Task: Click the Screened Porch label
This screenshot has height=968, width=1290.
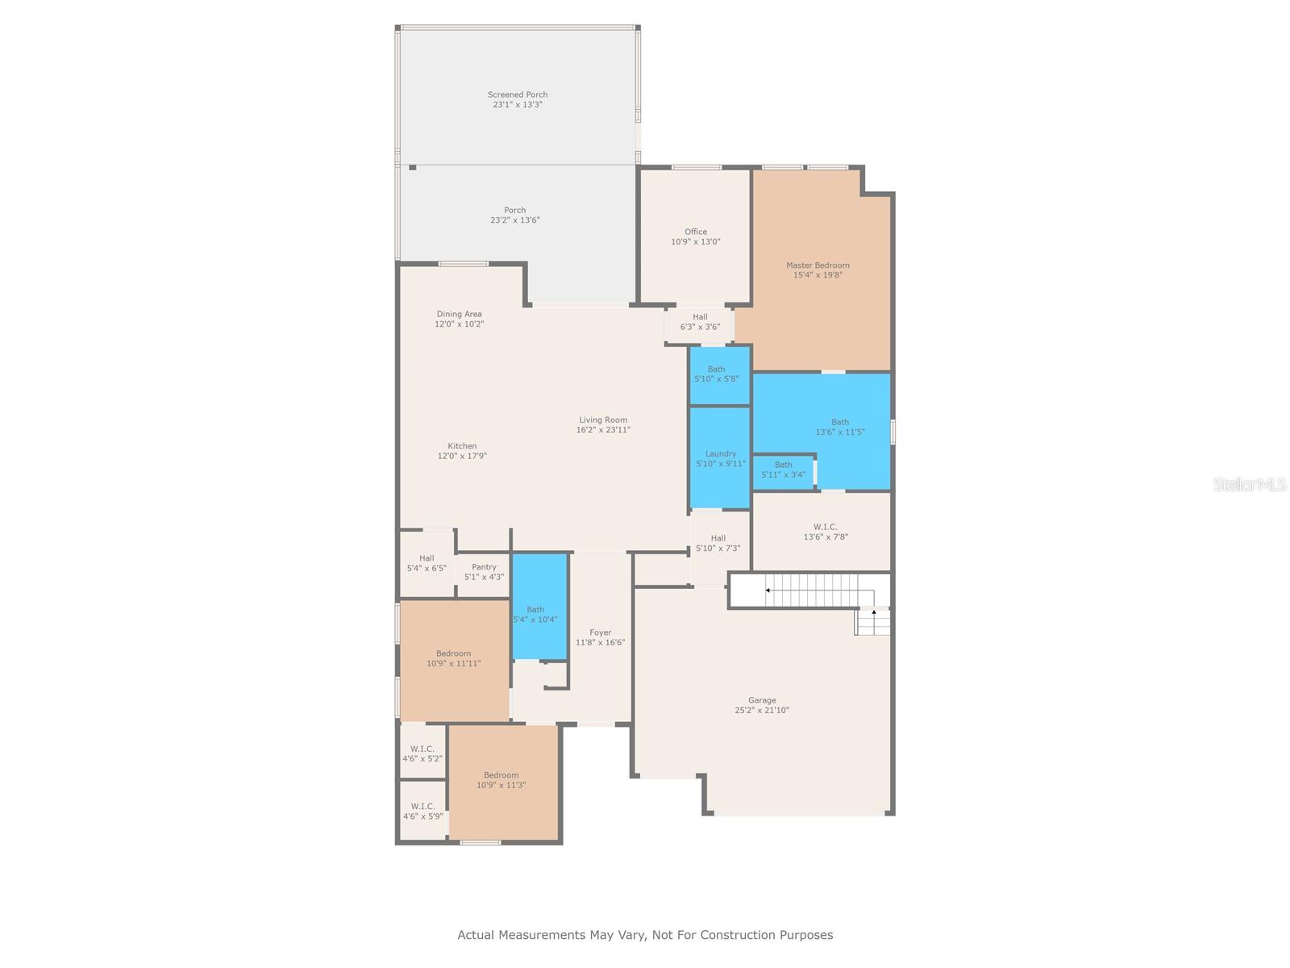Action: pos(518,95)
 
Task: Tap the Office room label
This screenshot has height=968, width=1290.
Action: pos(696,232)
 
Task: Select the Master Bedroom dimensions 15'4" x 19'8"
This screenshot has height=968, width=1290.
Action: pos(818,275)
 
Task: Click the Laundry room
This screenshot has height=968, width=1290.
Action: pos(721,458)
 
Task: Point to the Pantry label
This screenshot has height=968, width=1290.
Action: pos(484,567)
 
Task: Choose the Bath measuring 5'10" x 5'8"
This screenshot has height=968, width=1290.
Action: pos(716,374)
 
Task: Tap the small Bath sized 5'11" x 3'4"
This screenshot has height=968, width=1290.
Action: pos(783,470)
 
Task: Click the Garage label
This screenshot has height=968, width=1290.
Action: pos(762,700)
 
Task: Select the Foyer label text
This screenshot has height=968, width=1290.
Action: pos(600,632)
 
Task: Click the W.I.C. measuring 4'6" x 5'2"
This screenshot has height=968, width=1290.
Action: pos(422,753)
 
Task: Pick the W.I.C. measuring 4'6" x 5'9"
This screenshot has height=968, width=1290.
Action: pos(422,811)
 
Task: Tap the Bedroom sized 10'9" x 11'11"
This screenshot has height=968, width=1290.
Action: pos(453,658)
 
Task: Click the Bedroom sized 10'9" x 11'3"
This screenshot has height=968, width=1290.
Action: pos(501,780)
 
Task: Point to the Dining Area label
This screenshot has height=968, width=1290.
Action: pos(460,314)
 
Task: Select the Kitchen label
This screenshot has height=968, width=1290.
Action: pos(462,446)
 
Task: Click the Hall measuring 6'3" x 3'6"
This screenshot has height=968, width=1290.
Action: pos(700,322)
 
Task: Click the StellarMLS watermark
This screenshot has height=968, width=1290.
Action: pos(1250,485)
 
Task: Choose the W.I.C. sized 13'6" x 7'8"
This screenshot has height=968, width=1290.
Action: pos(825,532)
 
